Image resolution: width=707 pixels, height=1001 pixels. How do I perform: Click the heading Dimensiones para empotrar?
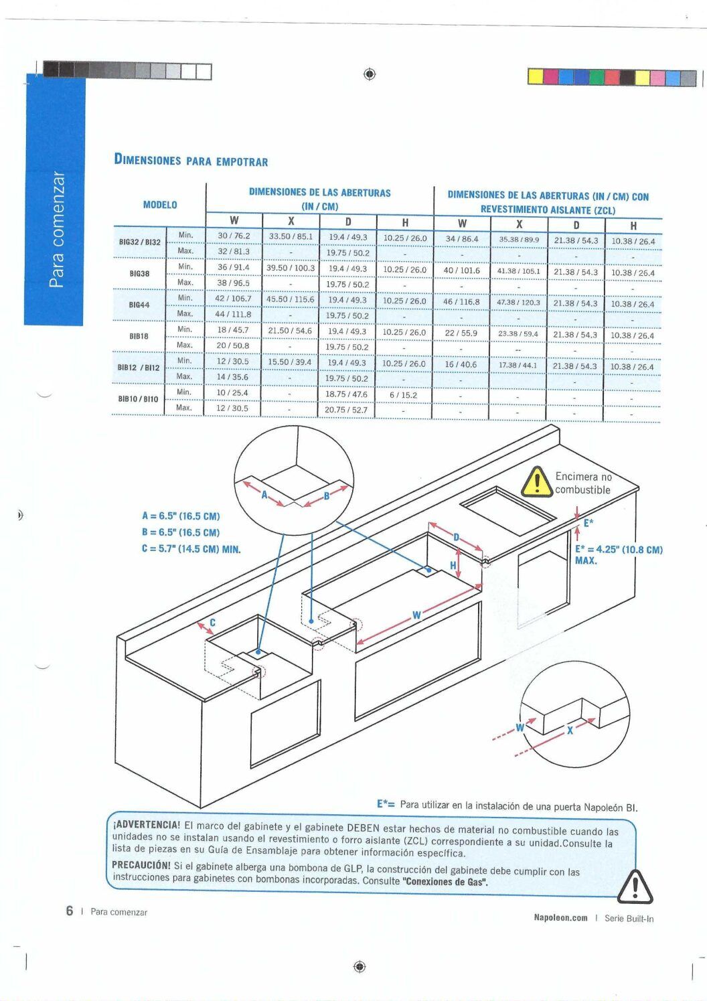click(191, 160)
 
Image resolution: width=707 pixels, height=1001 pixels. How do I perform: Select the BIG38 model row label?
click(139, 273)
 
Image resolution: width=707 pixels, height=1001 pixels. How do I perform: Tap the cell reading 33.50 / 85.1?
click(291, 236)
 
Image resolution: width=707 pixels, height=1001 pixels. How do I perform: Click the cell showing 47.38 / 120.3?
click(518, 303)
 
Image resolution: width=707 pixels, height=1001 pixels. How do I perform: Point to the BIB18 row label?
click(139, 336)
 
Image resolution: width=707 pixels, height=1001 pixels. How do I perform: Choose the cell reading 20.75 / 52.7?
click(346, 410)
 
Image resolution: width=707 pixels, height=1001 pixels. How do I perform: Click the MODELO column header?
click(160, 205)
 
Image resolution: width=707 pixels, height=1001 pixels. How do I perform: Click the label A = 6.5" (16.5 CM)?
click(181, 516)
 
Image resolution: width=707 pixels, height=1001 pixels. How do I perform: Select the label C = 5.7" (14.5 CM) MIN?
click(191, 549)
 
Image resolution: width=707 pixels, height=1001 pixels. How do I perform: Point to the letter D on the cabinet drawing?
click(457, 537)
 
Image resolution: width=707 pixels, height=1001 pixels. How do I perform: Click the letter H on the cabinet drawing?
click(453, 566)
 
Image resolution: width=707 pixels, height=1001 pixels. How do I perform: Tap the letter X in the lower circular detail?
click(570, 731)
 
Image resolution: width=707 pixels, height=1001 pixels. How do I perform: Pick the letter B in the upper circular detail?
click(326, 495)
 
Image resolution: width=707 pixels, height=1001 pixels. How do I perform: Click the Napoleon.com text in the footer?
click(560, 918)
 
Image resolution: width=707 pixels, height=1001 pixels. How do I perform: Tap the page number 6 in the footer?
click(69, 911)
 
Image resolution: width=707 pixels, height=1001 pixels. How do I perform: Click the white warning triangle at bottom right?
click(635, 887)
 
